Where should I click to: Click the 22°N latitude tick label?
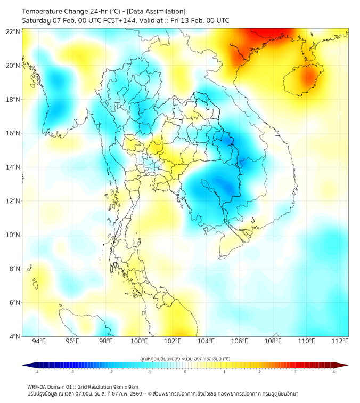(x=13, y=31)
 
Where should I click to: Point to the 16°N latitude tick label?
(x=13, y=133)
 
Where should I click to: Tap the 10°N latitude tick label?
(x=13, y=235)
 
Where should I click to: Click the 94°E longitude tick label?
(x=39, y=341)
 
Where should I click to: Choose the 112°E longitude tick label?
(x=340, y=341)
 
